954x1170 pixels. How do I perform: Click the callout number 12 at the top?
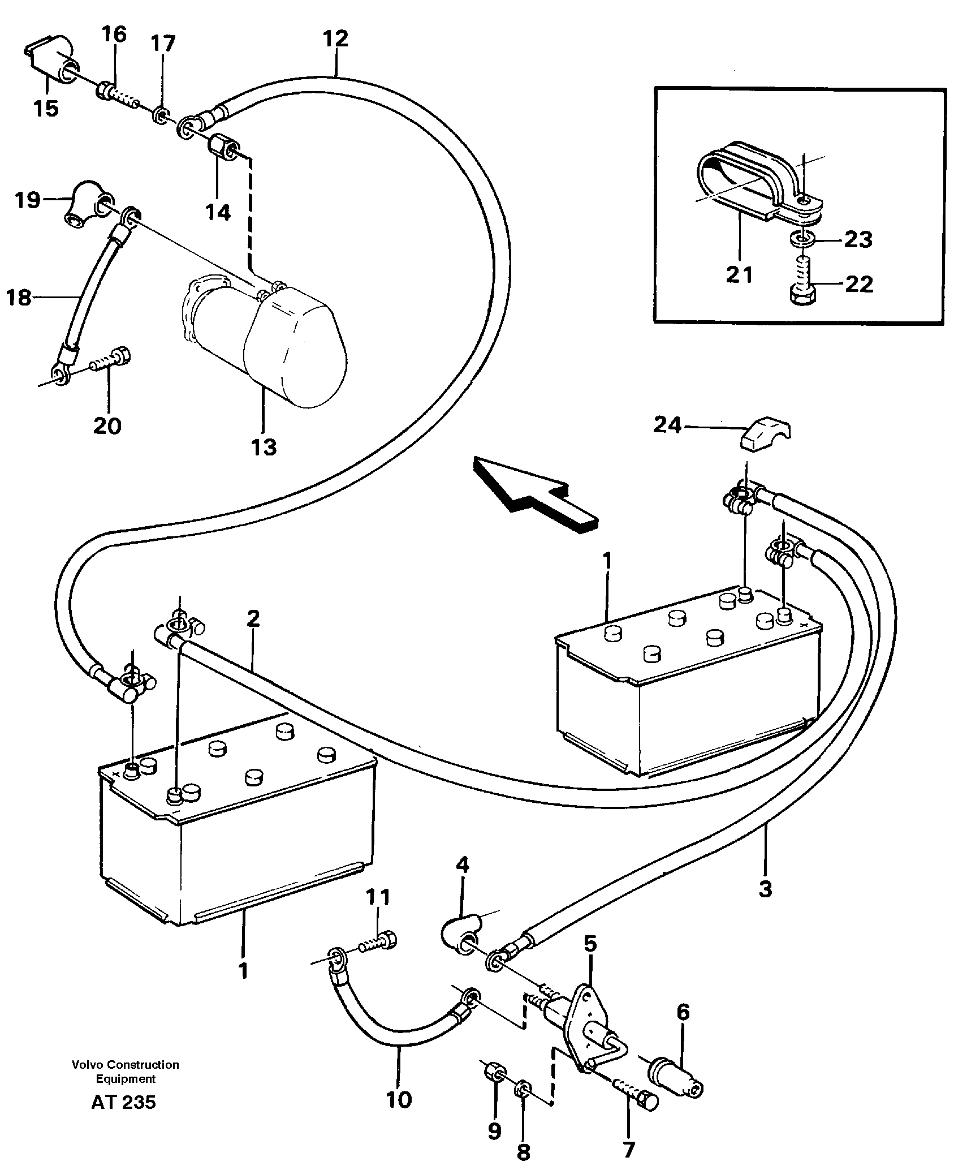coord(335,40)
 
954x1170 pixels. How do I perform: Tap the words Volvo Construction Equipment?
coord(126,1072)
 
